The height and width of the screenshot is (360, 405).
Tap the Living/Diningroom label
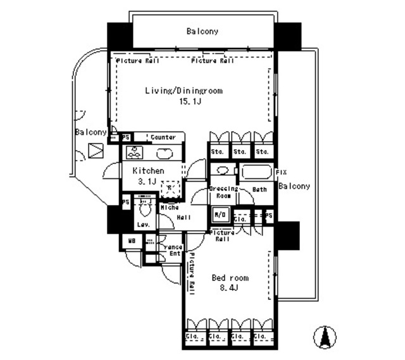(184, 91)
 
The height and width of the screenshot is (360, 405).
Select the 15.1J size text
(184, 101)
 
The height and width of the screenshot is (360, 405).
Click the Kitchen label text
(149, 171)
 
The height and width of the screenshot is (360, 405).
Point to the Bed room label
(230, 278)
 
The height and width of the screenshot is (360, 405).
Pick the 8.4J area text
(230, 289)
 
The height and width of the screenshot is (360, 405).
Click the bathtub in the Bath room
(254, 172)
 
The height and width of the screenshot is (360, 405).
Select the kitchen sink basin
(163, 152)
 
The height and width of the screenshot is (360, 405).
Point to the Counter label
(163, 137)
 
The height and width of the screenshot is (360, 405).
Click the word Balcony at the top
(202, 31)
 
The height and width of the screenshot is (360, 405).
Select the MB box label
(132, 241)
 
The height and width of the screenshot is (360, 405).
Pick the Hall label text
(184, 217)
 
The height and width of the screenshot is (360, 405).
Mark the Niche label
(168, 207)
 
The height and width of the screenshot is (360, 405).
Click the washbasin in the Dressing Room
(222, 171)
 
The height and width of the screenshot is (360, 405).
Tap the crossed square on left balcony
(95, 151)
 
